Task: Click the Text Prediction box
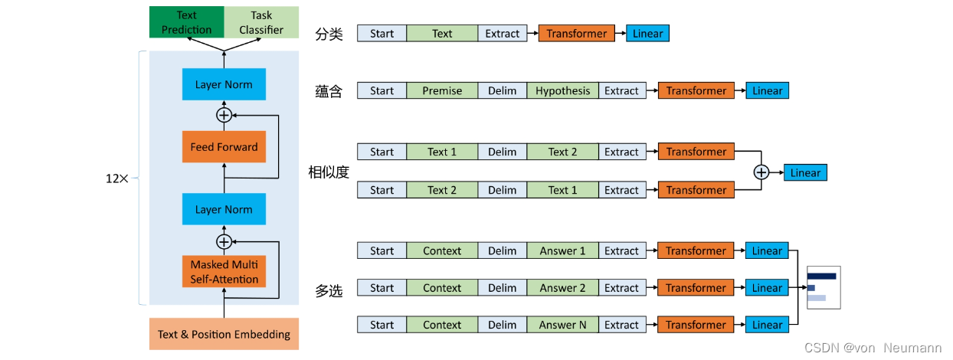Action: (186, 22)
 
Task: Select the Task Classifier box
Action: (261, 22)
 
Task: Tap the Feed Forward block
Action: (224, 146)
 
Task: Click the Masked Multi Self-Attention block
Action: (224, 272)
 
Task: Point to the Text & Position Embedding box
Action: (224, 334)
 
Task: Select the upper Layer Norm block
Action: (224, 84)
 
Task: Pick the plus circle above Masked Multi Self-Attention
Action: (224, 241)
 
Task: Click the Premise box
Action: (442, 90)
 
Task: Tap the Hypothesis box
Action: (562, 90)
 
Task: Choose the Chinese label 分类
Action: (329, 34)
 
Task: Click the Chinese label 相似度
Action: (329, 172)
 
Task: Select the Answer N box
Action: (562, 325)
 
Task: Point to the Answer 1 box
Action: (562, 250)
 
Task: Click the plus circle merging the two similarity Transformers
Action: (761, 172)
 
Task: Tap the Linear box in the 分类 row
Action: (647, 34)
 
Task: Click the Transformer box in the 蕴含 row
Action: (696, 90)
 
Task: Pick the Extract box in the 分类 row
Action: (502, 34)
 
